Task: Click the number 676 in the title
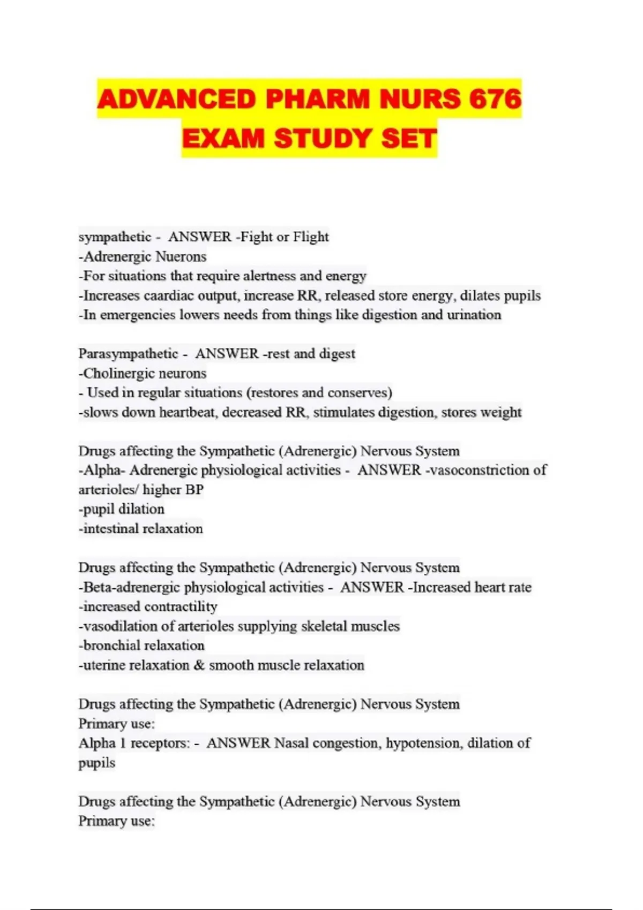pyautogui.click(x=494, y=99)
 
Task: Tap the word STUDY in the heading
pyautogui.click(x=323, y=139)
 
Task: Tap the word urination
pyautogui.click(x=474, y=315)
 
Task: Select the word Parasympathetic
pyautogui.click(x=128, y=354)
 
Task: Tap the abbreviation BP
pyautogui.click(x=195, y=490)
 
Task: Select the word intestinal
pyautogui.click(x=109, y=529)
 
